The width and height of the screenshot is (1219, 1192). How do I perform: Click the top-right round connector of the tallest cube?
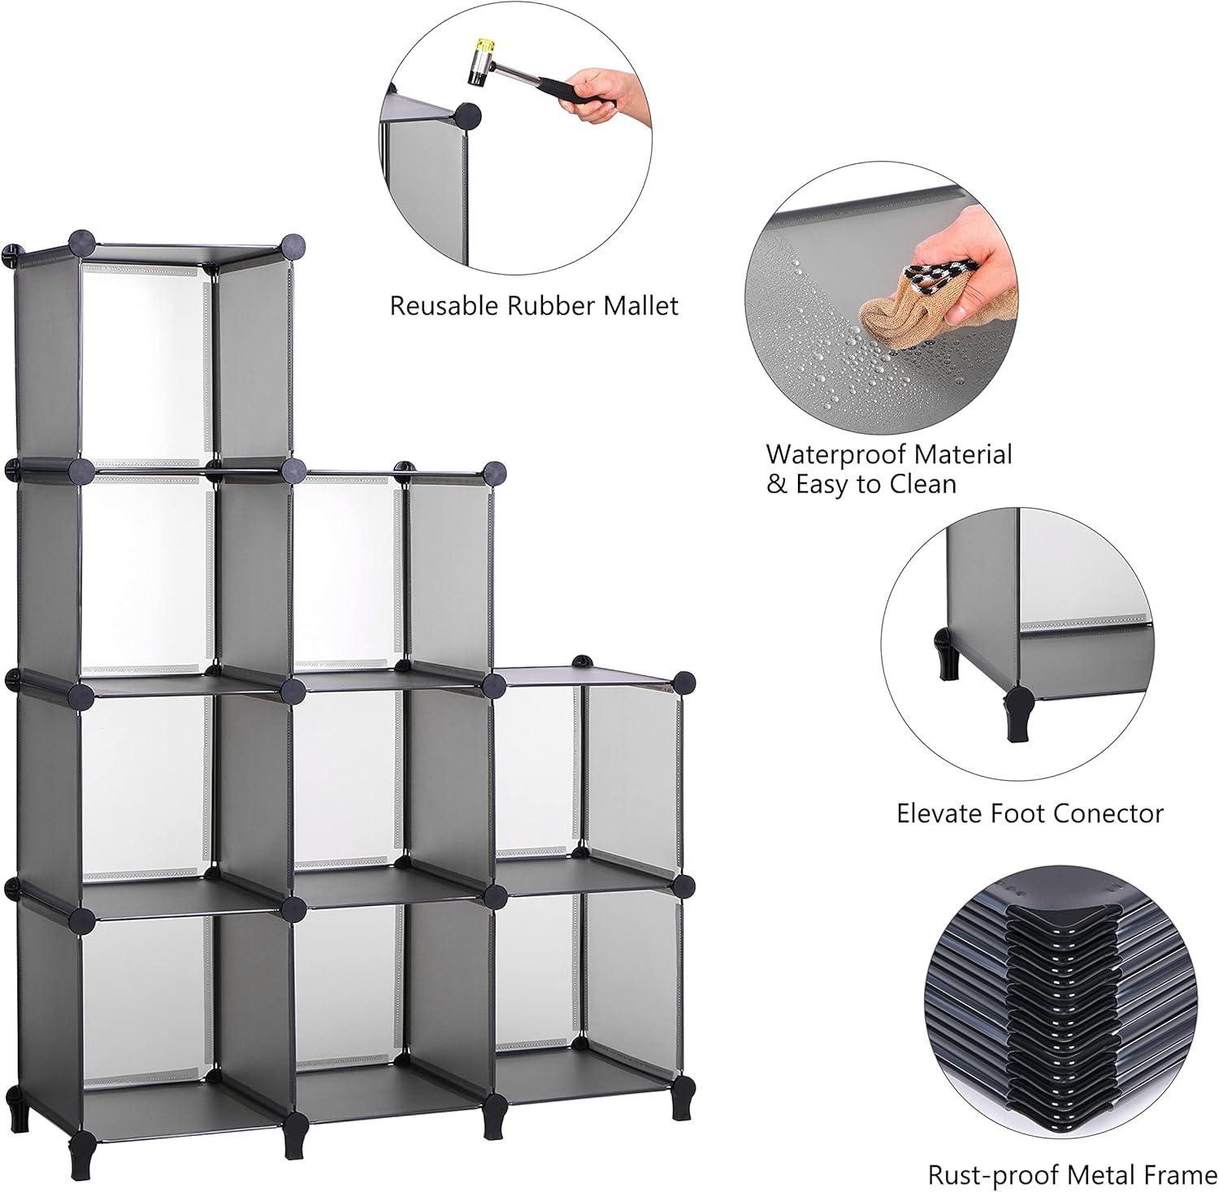click(293, 245)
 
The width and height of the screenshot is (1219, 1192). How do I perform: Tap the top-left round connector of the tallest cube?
click(80, 242)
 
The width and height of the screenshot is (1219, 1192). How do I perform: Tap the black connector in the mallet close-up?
click(469, 116)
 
